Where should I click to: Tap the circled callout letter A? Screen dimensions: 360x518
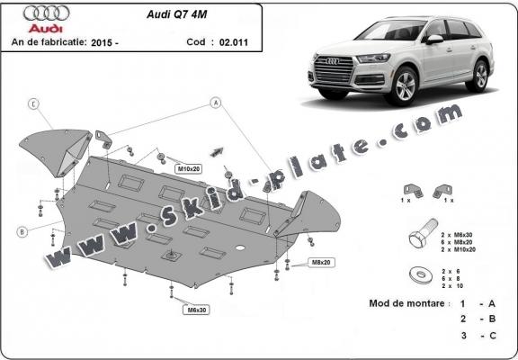(x=216, y=103)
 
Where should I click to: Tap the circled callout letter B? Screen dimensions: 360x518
(x=21, y=231)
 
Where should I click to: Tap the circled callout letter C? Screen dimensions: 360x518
(x=32, y=103)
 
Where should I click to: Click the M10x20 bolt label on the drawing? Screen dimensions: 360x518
(x=188, y=168)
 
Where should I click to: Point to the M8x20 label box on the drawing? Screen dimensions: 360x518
(x=322, y=262)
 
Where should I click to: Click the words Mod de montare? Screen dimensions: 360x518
(x=407, y=303)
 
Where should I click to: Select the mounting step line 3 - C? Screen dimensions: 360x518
(x=477, y=335)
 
